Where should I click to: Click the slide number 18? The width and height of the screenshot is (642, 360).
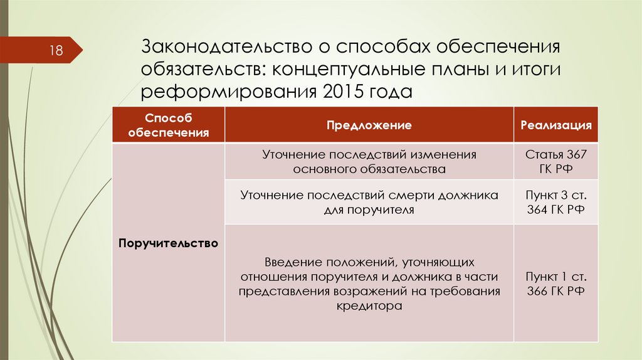pos(56,51)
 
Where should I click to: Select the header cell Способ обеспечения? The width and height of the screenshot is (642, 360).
pos(168,125)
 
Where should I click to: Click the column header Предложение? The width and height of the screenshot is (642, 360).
pos(369,125)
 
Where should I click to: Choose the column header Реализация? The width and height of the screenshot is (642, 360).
pos(555,125)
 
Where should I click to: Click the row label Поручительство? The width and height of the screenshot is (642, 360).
pos(168,243)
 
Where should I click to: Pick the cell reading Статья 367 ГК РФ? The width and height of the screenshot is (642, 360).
pos(555,161)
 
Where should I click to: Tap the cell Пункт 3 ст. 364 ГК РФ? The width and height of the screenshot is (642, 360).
pos(555,203)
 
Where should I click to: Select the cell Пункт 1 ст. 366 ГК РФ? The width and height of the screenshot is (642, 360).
pos(555,283)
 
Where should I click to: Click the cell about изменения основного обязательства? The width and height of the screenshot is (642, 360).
pos(369,161)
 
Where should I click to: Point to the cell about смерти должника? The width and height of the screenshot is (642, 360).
pos(369,203)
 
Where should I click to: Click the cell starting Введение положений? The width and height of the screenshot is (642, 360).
pos(369,283)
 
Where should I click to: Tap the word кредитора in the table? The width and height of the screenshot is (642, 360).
pos(369,307)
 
